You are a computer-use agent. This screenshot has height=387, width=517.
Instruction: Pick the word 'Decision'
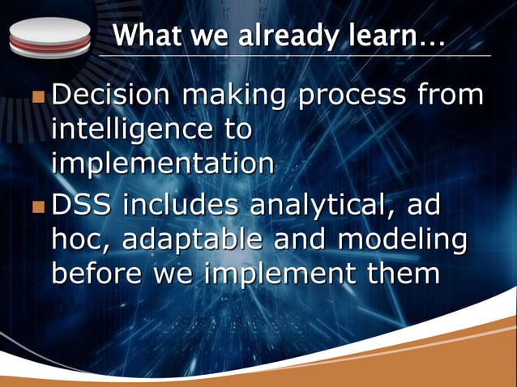[x=111, y=96]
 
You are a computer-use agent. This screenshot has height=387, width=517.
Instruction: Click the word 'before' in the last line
[x=100, y=273]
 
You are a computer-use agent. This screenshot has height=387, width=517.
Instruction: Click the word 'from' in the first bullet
[x=450, y=96]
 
